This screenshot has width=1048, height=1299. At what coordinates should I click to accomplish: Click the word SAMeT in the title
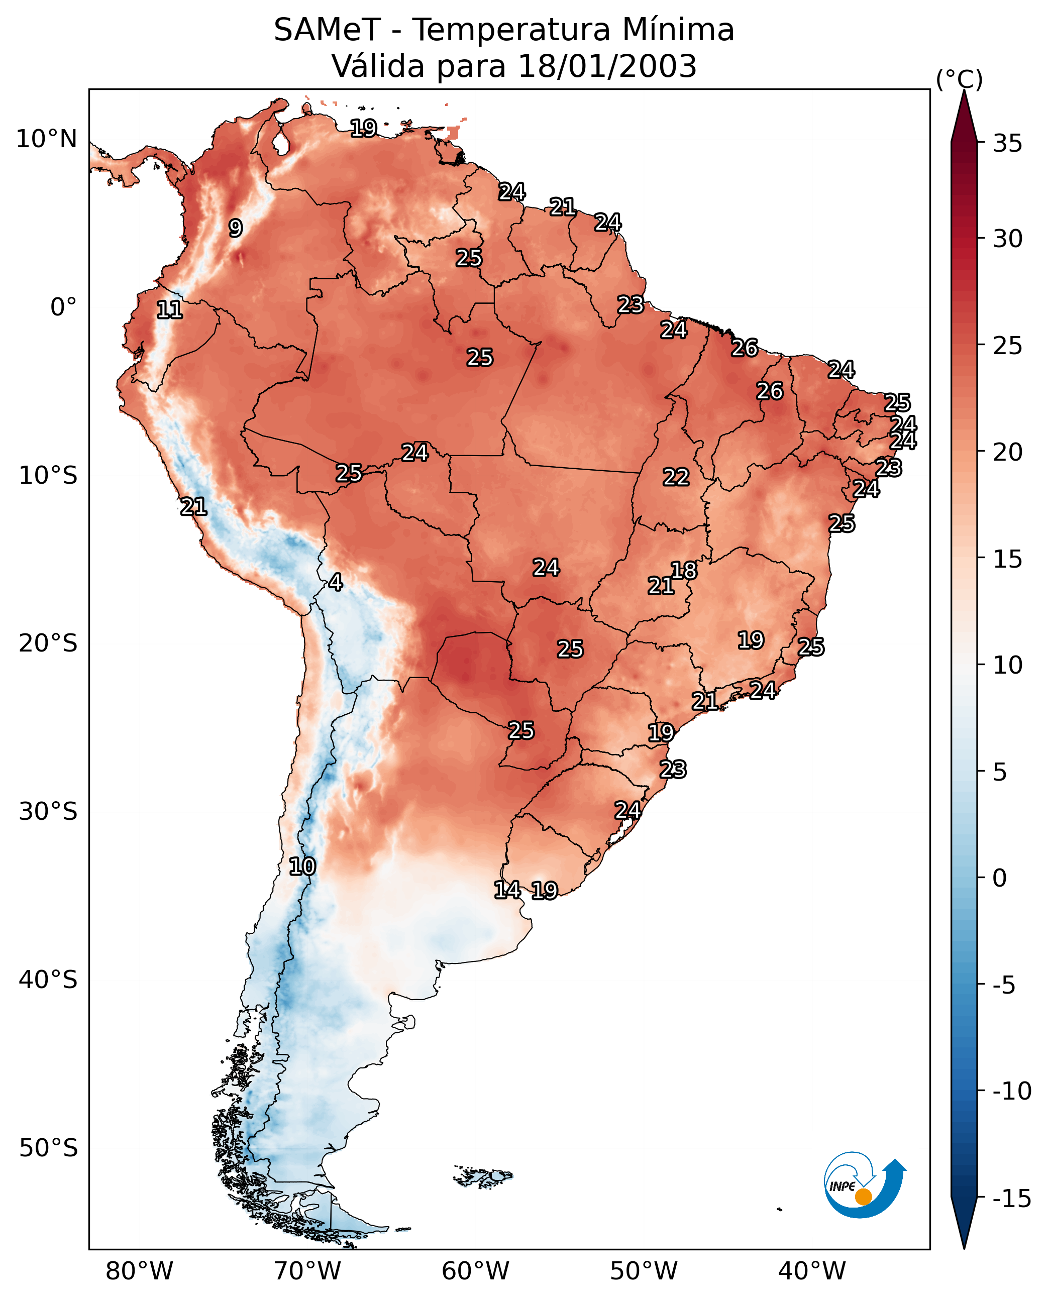click(327, 30)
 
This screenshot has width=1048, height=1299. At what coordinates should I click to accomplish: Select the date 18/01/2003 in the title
click(607, 66)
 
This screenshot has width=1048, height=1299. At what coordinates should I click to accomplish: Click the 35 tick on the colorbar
click(1007, 144)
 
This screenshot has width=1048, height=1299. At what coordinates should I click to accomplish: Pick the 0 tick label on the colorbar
click(1000, 878)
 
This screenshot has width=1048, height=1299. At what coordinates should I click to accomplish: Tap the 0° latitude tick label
click(63, 307)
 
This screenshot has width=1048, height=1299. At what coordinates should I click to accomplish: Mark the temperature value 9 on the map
click(236, 228)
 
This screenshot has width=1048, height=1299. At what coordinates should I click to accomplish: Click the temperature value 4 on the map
click(336, 582)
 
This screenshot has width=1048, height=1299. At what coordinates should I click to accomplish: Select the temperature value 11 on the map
click(170, 310)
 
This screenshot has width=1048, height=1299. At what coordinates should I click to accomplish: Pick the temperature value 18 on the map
click(684, 571)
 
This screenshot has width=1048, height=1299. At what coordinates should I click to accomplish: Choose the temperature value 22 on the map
click(676, 478)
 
